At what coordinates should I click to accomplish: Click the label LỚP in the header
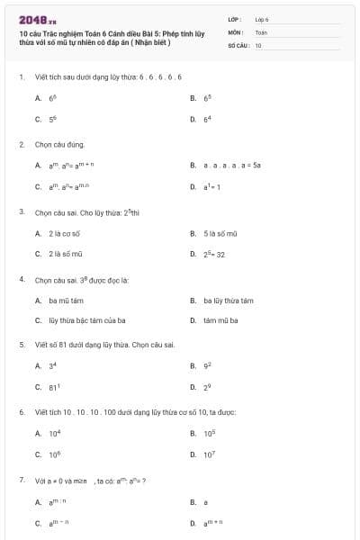(x=234, y=19)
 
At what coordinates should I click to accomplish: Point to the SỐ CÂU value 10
(x=258, y=44)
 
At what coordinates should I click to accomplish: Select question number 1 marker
(x=21, y=77)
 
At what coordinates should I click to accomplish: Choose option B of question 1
(x=207, y=97)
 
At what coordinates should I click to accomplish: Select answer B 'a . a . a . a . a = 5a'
(x=231, y=166)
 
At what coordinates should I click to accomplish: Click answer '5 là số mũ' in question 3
(x=220, y=233)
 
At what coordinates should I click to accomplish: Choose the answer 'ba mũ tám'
(x=65, y=301)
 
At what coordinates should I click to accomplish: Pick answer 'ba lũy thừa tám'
(x=228, y=301)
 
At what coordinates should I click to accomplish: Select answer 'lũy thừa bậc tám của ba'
(x=85, y=320)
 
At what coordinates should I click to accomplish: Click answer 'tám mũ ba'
(x=220, y=320)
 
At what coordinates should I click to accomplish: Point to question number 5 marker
(x=21, y=345)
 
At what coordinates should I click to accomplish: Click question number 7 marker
(x=21, y=480)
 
